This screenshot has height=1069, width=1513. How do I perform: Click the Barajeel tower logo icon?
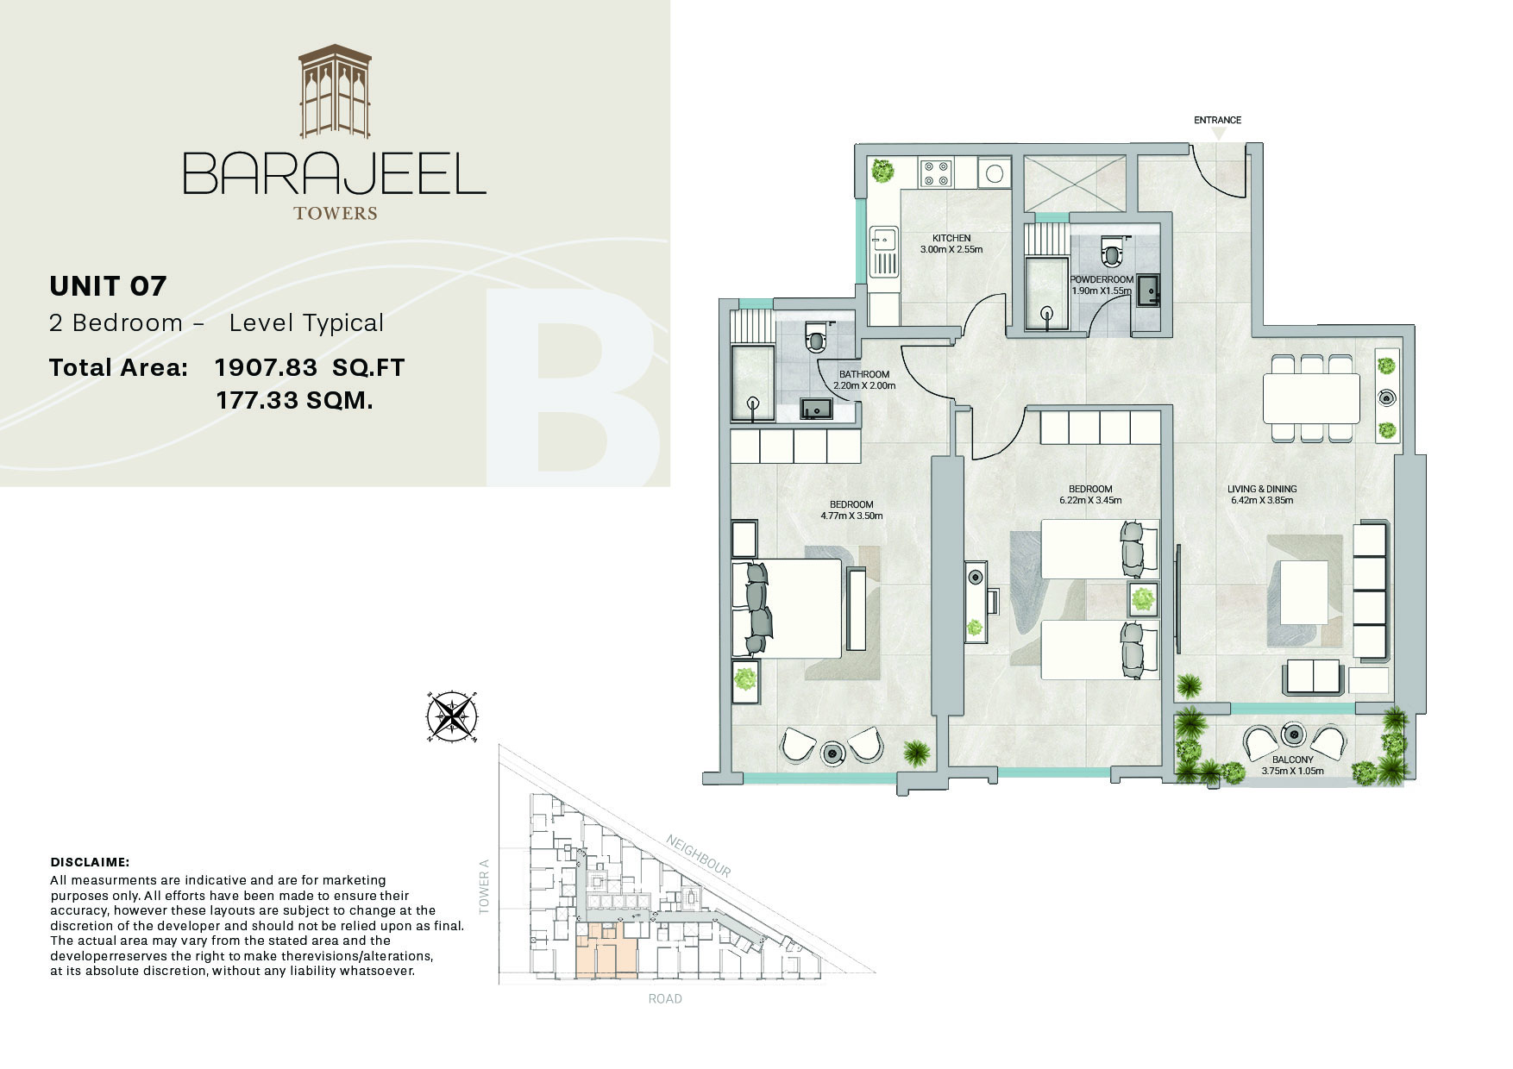pyautogui.click(x=335, y=91)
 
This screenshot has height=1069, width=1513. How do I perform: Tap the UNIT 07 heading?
pyautogui.click(x=108, y=285)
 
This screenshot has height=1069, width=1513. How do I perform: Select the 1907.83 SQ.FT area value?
pyautogui.click(x=309, y=368)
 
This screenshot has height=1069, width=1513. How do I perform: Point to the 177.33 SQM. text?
pyautogui.click(x=294, y=401)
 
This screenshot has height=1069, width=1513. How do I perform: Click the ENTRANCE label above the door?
pyautogui.click(x=1217, y=120)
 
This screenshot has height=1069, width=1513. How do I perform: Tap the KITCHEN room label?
pyautogui.click(x=951, y=238)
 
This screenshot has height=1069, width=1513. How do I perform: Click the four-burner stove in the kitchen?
pyautogui.click(x=936, y=173)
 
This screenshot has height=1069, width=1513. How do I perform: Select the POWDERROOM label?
pyautogui.click(x=1102, y=280)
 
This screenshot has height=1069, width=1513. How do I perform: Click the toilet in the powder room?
pyautogui.click(x=1113, y=253)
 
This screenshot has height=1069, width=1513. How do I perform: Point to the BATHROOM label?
pyautogui.click(x=864, y=374)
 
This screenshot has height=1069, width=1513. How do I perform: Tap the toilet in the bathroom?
pyautogui.click(x=816, y=338)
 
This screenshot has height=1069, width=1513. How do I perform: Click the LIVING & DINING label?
pyautogui.click(x=1262, y=489)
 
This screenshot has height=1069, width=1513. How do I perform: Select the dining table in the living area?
pyautogui.click(x=1311, y=398)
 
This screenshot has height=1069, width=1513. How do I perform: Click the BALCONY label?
pyautogui.click(x=1292, y=760)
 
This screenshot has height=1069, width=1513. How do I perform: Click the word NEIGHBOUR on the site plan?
pyautogui.click(x=698, y=855)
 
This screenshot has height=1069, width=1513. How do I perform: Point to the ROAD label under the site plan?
pyautogui.click(x=665, y=999)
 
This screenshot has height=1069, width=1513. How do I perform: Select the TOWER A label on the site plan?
pyautogui.click(x=484, y=886)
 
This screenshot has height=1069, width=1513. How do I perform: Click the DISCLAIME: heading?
pyautogui.click(x=90, y=862)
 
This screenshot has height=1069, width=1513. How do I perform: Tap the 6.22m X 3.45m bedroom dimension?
pyautogui.click(x=1090, y=500)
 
